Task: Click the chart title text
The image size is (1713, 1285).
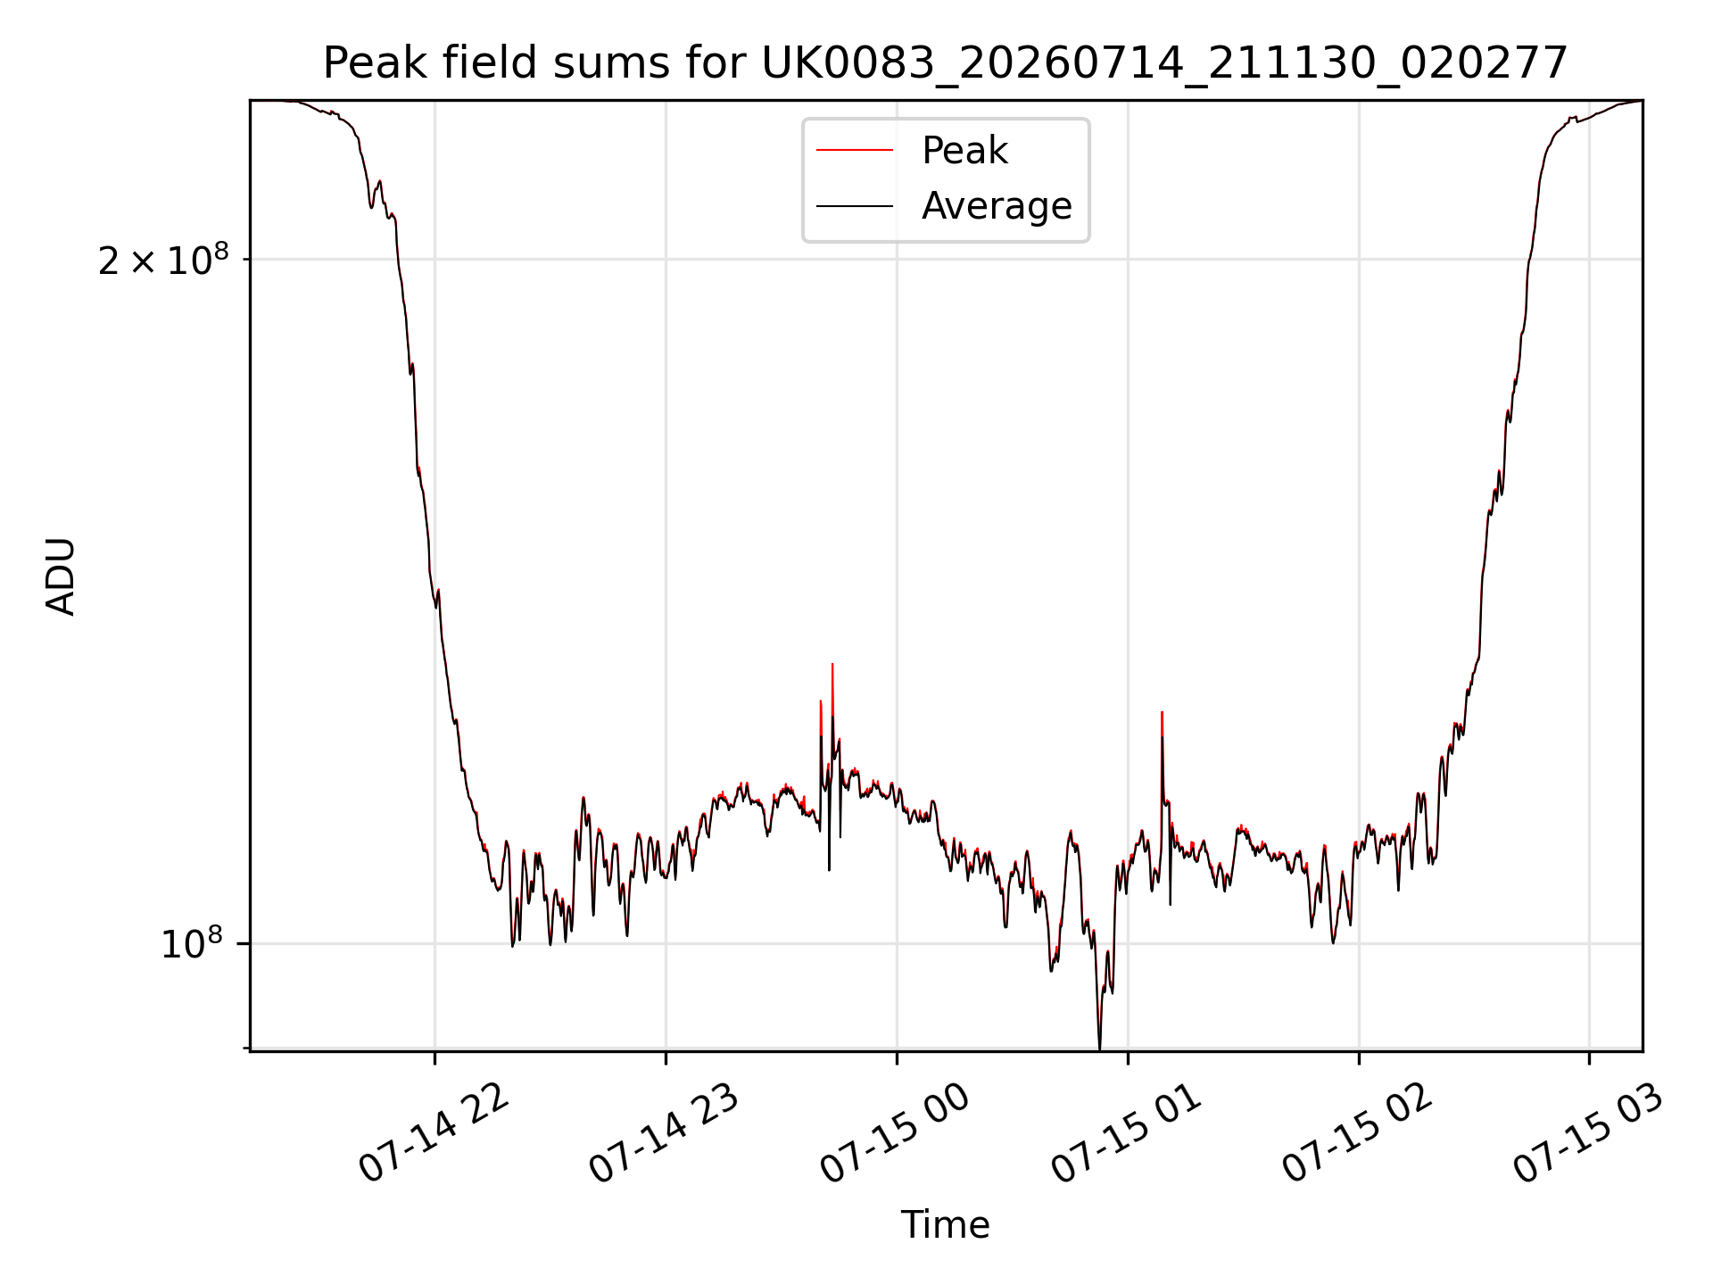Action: (945, 63)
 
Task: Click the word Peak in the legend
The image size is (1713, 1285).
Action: (964, 151)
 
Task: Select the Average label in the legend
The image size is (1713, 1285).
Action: (997, 206)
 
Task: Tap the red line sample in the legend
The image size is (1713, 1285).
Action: (855, 151)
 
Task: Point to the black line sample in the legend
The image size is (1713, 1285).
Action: (855, 206)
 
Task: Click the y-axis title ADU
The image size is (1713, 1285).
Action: (61, 576)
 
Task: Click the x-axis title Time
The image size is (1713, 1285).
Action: (945, 1225)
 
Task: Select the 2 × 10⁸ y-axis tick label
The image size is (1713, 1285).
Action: (163, 261)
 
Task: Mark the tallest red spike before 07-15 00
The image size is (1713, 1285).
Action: (832, 666)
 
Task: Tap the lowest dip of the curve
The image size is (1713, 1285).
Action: (1099, 1046)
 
